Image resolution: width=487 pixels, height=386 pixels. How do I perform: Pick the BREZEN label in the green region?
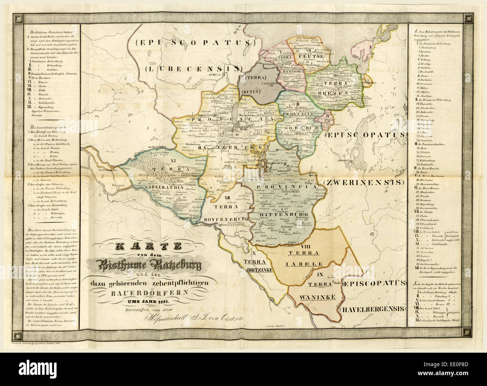pos(330,92)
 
